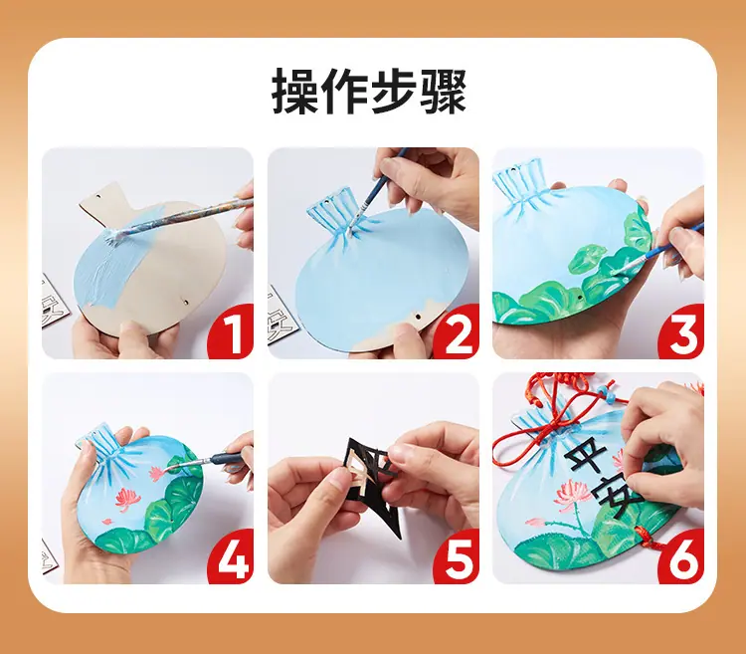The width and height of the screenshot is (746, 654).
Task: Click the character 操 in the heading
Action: pos(295,91)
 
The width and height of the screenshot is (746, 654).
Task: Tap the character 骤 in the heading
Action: pos(443,91)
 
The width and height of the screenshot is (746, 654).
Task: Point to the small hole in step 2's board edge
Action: pos(418,317)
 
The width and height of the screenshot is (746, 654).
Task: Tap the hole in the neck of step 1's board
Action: pos(98,196)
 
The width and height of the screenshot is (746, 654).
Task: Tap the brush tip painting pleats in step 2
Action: pos(351,230)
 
